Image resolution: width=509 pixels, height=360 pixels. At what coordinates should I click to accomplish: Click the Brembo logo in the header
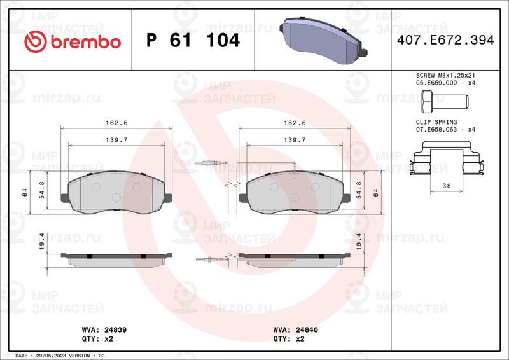point(73,41)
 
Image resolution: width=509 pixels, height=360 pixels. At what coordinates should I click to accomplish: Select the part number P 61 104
point(193,40)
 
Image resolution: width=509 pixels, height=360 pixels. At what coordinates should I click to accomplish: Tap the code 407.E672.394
point(445,40)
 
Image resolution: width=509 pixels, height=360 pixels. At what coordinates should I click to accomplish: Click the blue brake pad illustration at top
point(323,41)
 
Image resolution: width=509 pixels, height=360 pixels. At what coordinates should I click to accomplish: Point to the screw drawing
point(445,101)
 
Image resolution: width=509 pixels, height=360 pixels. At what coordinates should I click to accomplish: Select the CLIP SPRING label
point(436,122)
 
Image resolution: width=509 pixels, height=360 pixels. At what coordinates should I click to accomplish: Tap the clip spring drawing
point(447,158)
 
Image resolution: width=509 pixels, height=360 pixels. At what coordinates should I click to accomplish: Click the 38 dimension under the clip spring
point(447,186)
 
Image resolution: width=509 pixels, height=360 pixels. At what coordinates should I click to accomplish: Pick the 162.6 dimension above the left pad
point(116,123)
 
